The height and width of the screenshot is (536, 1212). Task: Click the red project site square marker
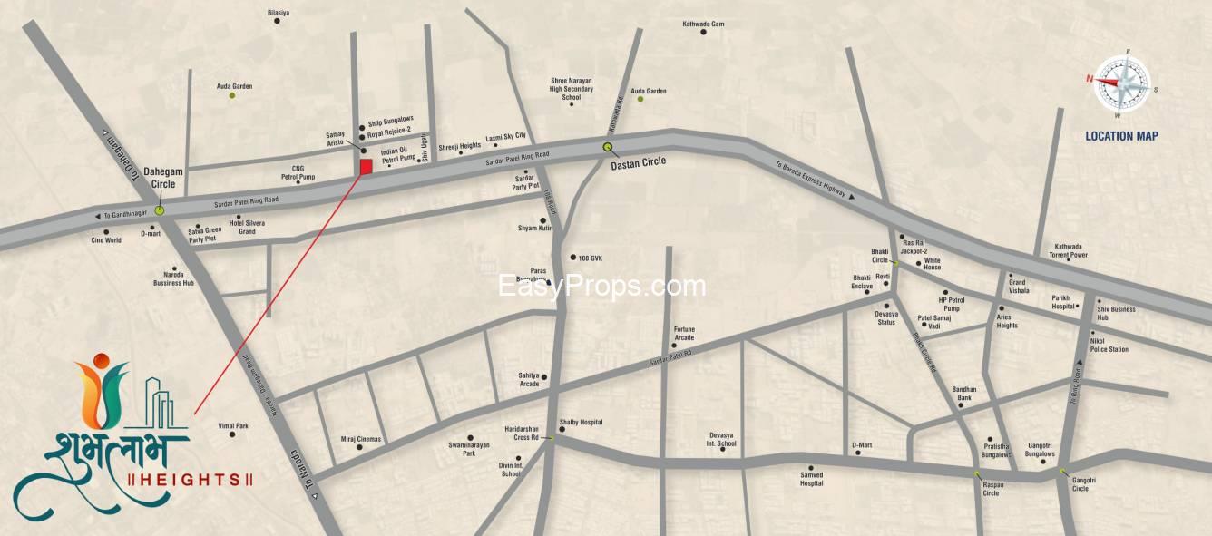point(366,167)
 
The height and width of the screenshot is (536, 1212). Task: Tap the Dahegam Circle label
point(163,178)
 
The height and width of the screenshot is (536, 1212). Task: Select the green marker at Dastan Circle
point(608,147)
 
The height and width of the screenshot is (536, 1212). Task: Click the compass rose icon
point(1121,83)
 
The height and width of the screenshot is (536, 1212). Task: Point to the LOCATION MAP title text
point(1121,136)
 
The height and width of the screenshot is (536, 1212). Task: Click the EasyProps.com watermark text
point(602,287)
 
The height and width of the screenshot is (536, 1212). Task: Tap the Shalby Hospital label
point(581,423)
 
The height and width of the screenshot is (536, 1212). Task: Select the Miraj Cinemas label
point(361,439)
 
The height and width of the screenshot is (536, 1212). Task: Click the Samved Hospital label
point(811,479)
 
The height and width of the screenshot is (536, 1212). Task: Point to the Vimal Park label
point(233,425)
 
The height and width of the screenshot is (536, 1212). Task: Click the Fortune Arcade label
point(683,334)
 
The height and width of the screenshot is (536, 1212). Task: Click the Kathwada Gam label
point(703,24)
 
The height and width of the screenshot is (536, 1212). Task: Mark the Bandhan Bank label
point(963,394)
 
